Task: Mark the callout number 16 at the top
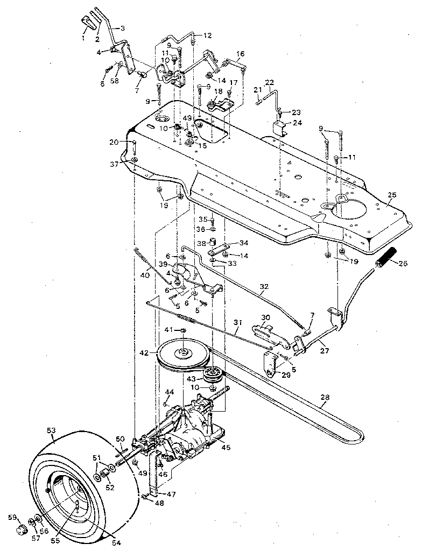240,54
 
